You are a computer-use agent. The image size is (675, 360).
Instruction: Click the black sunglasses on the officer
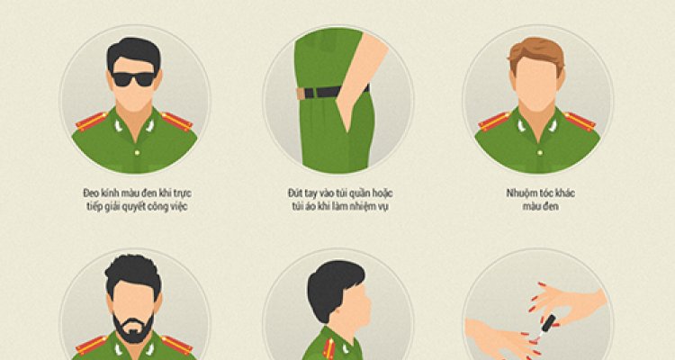pos(133,79)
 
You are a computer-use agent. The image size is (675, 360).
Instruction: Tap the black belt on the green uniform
pos(332,92)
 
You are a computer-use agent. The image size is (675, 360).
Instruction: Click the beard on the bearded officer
pos(133,328)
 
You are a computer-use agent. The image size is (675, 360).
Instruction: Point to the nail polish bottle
pos(548,323)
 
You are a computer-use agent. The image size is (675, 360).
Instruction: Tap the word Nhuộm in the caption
pos(522,193)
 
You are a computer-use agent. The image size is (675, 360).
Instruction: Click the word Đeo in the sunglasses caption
pos(91,193)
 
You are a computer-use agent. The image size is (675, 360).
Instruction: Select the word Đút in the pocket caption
pos(295,193)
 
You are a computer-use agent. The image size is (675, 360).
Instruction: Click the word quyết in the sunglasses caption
pos(143,207)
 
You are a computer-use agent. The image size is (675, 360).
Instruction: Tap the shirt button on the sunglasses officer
pos(137,152)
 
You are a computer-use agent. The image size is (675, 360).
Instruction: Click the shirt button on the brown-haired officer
pos(540,152)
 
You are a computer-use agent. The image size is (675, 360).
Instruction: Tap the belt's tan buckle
pos(301,94)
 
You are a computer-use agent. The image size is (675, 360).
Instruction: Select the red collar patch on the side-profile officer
pos(329,348)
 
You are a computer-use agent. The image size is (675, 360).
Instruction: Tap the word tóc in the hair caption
pos(547,193)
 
